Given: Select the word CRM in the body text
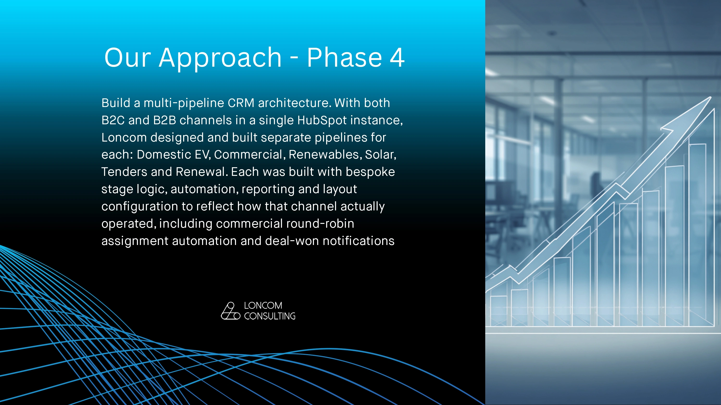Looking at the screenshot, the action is click(241, 103).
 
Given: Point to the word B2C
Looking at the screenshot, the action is click(113, 120).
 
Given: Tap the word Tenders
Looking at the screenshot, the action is click(124, 172).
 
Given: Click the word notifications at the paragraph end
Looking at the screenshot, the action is click(359, 241).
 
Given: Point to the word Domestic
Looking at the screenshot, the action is click(164, 155).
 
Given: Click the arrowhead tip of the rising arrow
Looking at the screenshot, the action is click(711, 97).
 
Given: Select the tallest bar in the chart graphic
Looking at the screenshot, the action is click(697, 235).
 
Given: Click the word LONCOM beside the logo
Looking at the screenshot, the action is click(263, 305).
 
